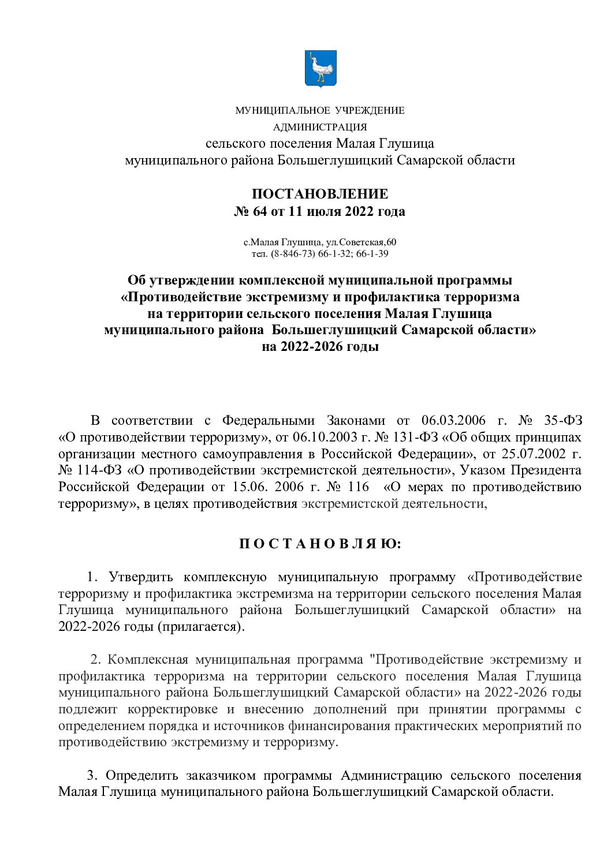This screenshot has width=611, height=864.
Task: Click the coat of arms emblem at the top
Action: coord(320,69)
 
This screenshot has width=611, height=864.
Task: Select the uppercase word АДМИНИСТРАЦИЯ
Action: coord(320,127)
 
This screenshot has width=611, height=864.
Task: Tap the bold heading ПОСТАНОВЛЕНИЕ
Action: coord(320,194)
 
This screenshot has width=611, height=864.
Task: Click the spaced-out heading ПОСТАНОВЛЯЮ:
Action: coord(319,544)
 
